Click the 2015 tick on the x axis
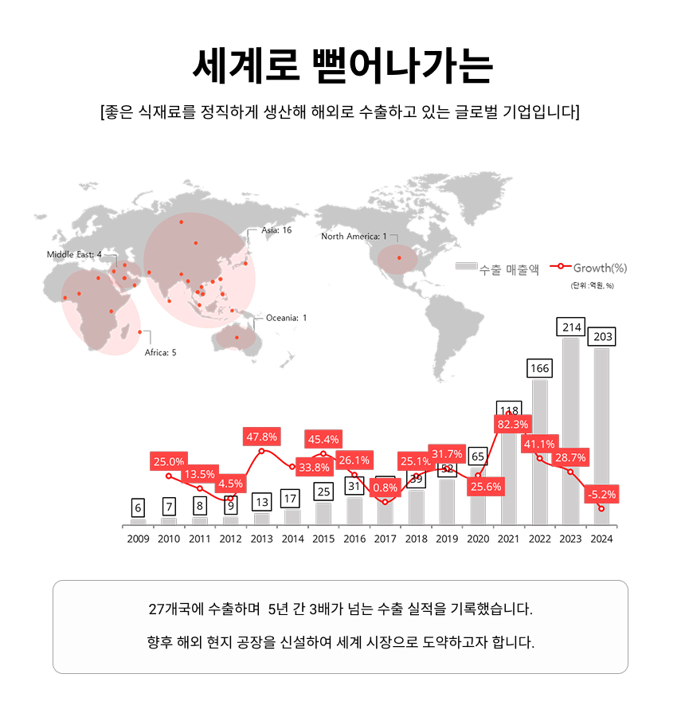tap(323, 539)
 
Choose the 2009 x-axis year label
tap(138, 539)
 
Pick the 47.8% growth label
tap(262, 437)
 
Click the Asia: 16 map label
tap(276, 230)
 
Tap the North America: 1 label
tap(354, 237)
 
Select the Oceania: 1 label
tap(286, 318)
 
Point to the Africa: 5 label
tap(160, 352)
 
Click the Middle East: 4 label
tap(74, 254)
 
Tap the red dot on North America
tap(399, 258)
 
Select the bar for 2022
tap(539, 454)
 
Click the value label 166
tap(539, 369)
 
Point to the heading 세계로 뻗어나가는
tap(342, 66)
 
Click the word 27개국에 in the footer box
tap(177, 609)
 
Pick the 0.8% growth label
tap(385, 488)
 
